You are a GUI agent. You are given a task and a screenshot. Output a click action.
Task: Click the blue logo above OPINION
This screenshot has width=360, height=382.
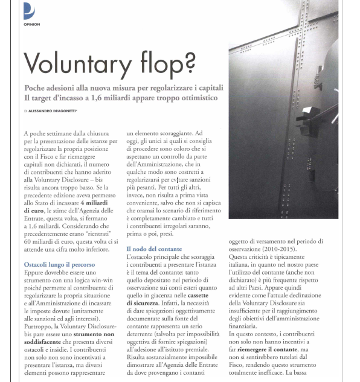(x=29, y=11)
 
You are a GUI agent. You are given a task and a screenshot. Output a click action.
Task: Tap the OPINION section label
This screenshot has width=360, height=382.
(x=32, y=25)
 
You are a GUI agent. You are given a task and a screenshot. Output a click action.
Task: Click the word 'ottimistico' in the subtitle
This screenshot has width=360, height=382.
(x=194, y=98)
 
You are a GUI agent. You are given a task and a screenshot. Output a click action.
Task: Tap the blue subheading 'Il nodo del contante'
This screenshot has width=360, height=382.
(x=153, y=249)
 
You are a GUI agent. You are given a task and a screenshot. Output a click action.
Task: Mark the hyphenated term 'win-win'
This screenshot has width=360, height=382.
(x=95, y=282)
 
